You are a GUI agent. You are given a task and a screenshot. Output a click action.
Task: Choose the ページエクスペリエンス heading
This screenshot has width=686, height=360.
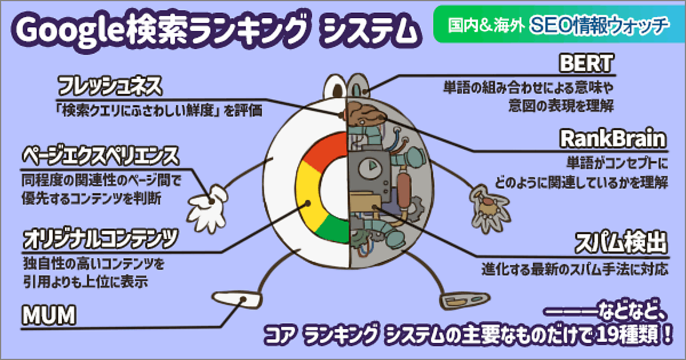101,155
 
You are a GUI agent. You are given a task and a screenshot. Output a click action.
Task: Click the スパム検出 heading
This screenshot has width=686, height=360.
620,243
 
